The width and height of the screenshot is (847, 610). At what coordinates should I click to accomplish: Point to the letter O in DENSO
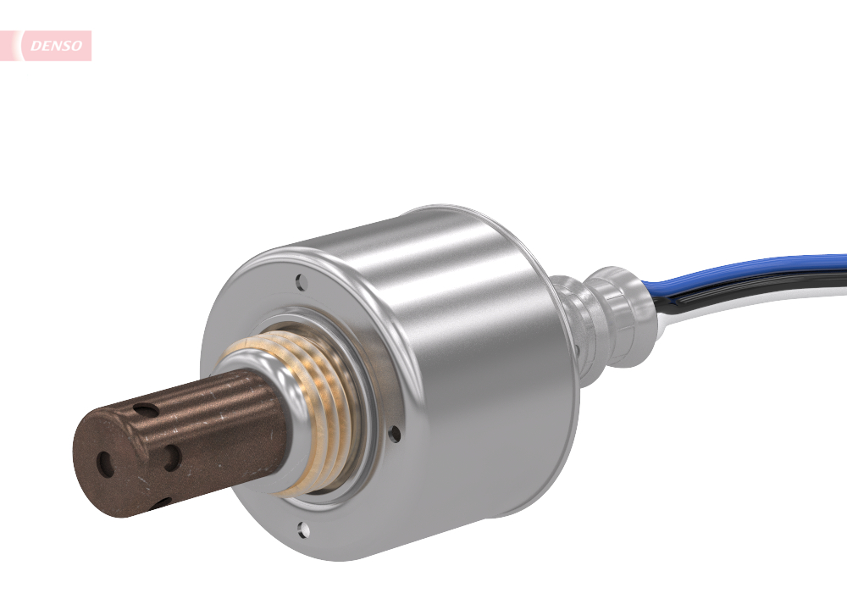(x=78, y=46)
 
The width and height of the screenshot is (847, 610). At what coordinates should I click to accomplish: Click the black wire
(x=762, y=287)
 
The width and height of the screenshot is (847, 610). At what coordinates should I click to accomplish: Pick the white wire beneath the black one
(x=762, y=305)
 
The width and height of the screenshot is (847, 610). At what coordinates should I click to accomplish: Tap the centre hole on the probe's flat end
(x=105, y=463)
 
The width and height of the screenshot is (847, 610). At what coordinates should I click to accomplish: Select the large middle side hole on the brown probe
(x=172, y=458)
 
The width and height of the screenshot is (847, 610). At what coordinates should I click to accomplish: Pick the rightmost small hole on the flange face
(x=395, y=433)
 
